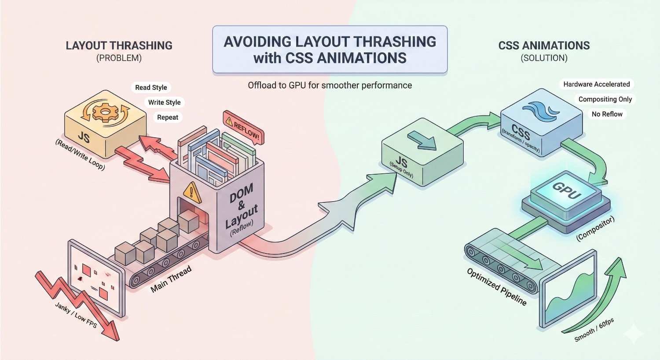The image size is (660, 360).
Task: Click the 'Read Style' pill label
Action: point(151,88)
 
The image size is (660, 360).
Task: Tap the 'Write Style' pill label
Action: point(164,103)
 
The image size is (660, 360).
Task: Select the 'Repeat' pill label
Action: point(168,118)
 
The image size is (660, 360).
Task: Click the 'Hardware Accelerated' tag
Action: point(596,84)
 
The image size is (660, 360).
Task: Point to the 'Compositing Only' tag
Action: point(605,99)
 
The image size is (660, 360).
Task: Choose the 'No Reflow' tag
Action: point(607,114)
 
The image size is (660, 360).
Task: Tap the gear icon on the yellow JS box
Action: point(104,112)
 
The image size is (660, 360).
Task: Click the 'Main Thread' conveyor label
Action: point(171,279)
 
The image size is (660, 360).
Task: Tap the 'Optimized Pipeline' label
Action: point(497,287)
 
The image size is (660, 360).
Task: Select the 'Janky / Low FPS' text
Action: point(76,315)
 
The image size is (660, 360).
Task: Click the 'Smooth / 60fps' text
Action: point(594,331)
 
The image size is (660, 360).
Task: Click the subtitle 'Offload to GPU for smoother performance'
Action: point(330,85)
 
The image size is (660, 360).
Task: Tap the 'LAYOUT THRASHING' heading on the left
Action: point(119,46)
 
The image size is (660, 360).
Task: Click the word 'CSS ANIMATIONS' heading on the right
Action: point(544,46)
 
